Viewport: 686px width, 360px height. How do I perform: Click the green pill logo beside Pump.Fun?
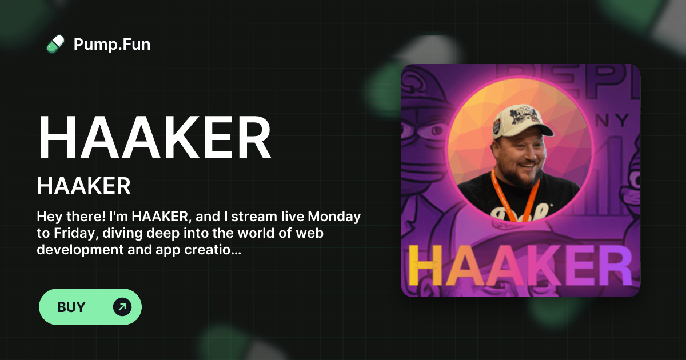55,44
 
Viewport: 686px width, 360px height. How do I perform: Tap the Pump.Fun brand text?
112,44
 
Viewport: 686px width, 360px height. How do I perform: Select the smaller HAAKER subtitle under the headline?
84,186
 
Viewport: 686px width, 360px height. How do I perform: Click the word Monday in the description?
334,217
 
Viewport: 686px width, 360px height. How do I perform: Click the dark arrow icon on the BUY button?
122,307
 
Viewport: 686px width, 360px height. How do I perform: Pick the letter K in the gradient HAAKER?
536,265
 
